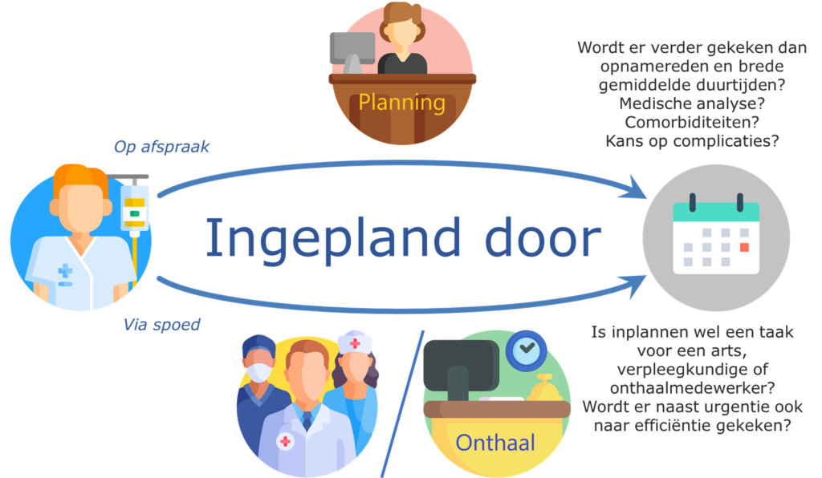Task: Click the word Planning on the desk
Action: click(401, 103)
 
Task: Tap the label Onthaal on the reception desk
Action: click(494, 442)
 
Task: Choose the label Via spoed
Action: click(161, 325)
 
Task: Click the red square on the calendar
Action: click(744, 246)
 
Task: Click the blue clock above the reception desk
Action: click(527, 350)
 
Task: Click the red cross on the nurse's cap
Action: click(354, 343)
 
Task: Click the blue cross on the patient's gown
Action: click(64, 273)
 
